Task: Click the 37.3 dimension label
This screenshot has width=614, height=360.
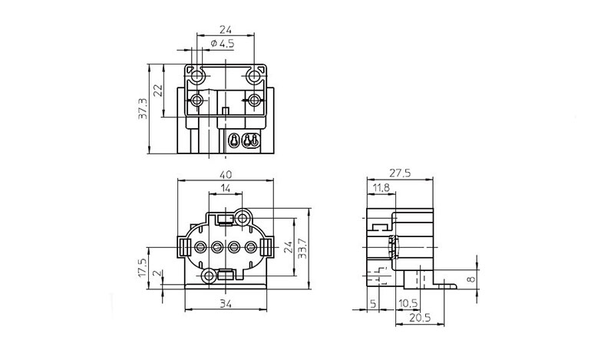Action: tap(144, 109)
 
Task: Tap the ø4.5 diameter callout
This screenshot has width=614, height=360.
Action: tap(223, 44)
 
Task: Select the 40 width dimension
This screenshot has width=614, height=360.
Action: tap(226, 174)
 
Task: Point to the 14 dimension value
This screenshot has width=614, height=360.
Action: tap(225, 189)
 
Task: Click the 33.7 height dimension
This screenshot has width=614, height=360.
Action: tap(303, 249)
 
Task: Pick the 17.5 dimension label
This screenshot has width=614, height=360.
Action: tap(142, 269)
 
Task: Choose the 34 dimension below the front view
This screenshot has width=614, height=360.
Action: tap(226, 304)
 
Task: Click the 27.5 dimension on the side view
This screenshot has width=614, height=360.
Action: tap(400, 173)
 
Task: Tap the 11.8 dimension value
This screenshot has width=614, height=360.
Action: tap(381, 188)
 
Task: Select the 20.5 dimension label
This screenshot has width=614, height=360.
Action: tap(420, 318)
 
